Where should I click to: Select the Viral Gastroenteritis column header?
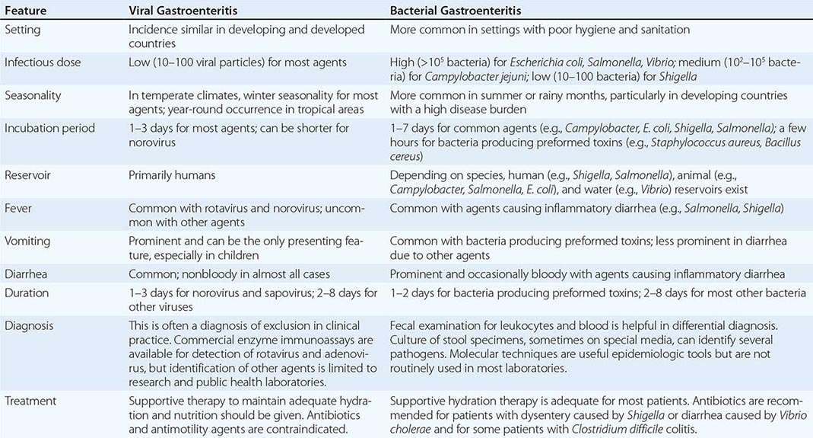182,11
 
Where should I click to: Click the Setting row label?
24,30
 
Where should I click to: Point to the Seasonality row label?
34,95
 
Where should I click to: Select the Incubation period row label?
49,128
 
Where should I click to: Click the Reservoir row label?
30,175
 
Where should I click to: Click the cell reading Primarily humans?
172,175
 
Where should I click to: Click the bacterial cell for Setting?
539,30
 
